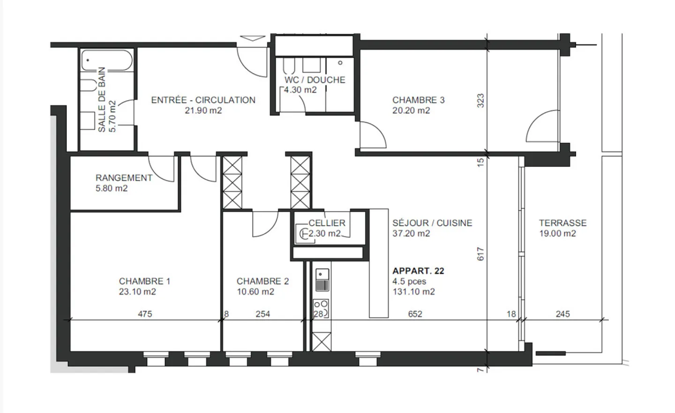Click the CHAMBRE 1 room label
(144, 281)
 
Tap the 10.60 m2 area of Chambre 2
(255, 292)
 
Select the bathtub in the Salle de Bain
(107, 61)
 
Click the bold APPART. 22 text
(418, 271)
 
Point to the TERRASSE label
(562, 223)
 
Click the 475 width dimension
(145, 314)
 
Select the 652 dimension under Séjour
(415, 314)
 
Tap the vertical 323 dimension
(480, 101)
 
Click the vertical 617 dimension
(480, 254)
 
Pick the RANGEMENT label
(124, 178)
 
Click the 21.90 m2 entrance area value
(203, 111)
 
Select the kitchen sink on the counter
(322, 280)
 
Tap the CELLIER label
(327, 223)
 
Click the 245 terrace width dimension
(562, 314)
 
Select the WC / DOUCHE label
(315, 80)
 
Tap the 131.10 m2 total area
(413, 292)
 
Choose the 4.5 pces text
(409, 281)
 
